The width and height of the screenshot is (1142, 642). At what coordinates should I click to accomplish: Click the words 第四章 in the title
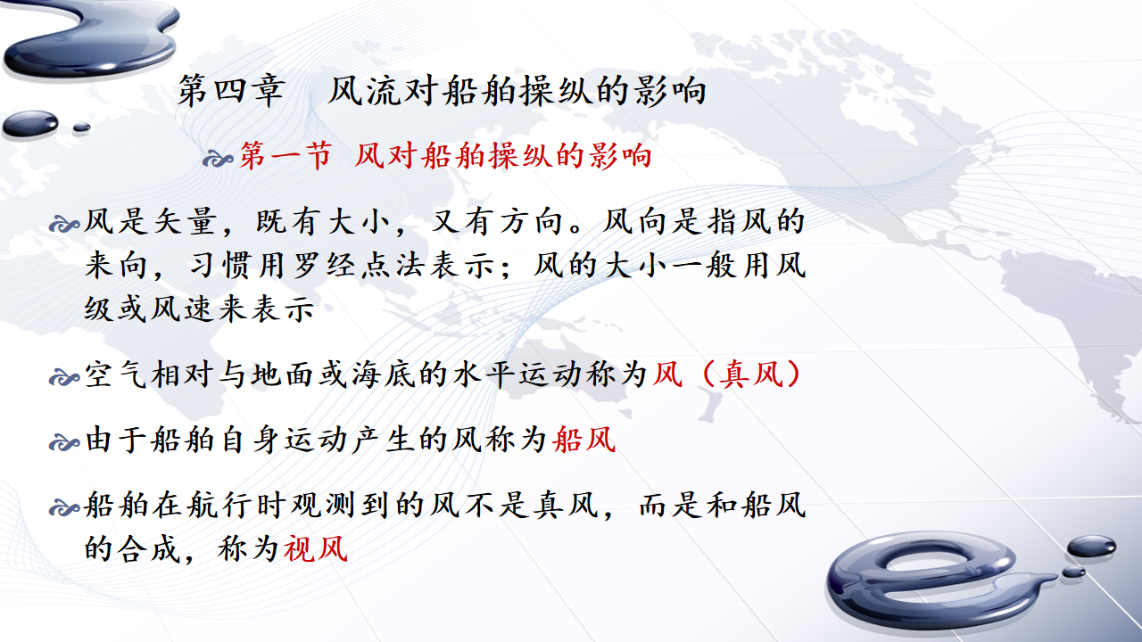tap(230, 91)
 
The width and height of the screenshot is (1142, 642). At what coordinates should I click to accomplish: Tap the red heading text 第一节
tap(286, 155)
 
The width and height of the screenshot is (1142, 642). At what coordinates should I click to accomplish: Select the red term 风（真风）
tap(727, 374)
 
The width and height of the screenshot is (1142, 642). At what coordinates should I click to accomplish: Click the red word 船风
tap(584, 440)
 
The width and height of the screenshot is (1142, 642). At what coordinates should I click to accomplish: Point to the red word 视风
tap(316, 548)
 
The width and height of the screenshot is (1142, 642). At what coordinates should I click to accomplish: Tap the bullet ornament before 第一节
tap(219, 160)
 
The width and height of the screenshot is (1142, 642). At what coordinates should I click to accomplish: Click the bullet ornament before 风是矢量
tap(64, 225)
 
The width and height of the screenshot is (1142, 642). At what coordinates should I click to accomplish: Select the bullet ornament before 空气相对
tap(64, 377)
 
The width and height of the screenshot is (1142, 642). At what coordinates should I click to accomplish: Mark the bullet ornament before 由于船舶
tap(64, 442)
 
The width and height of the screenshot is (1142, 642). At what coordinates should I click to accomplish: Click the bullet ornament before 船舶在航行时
tap(64, 508)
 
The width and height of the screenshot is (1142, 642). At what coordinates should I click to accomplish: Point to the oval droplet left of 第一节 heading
tap(30, 124)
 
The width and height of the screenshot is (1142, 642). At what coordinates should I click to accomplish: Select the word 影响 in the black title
tap(670, 91)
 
